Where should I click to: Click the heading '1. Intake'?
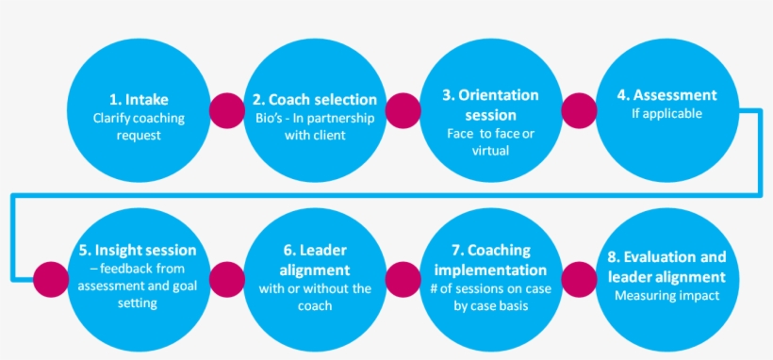(x=139, y=98)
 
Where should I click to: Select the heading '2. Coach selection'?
(x=315, y=99)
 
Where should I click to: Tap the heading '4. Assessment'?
(x=666, y=95)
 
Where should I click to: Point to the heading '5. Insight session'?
(x=139, y=250)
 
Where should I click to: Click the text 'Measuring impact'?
(x=666, y=296)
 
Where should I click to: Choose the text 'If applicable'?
(x=666, y=114)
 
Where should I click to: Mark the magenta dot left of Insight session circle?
(x=49, y=278)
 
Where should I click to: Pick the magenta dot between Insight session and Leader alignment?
(x=226, y=278)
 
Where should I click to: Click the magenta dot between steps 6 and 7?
(x=403, y=278)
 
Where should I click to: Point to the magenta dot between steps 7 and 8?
(x=578, y=278)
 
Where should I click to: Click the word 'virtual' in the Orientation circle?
(x=490, y=150)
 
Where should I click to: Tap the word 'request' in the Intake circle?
(x=139, y=135)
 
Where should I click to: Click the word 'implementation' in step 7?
(x=490, y=269)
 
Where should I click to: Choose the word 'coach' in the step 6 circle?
(x=314, y=306)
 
